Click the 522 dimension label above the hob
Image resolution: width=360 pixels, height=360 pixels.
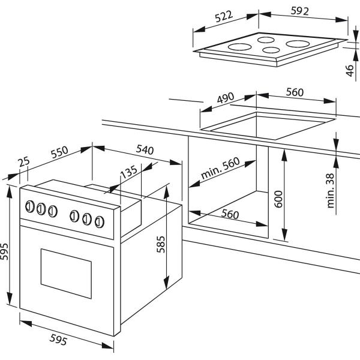pyautogui.click(x=224, y=17)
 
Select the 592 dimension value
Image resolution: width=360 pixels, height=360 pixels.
pyautogui.click(x=299, y=11)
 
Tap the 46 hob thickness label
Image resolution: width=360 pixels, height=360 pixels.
pyautogui.click(x=350, y=70)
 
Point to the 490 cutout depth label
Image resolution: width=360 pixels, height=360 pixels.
pyautogui.click(x=226, y=98)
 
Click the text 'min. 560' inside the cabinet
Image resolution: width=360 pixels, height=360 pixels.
pyautogui.click(x=220, y=168)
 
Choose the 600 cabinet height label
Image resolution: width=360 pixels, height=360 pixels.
pyautogui.click(x=278, y=199)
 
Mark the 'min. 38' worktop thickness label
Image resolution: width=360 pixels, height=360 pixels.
pyautogui.click(x=331, y=191)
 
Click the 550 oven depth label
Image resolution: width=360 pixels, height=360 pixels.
pyautogui.click(x=59, y=152)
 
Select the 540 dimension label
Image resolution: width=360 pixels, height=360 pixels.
pyautogui.click(x=145, y=149)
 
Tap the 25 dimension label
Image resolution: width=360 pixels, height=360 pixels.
pyautogui.click(x=24, y=161)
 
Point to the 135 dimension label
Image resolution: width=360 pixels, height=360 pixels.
pyautogui.click(x=129, y=172)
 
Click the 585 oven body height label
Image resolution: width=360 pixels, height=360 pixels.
pyautogui.click(x=161, y=244)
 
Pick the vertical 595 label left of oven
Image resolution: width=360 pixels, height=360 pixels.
pyautogui.click(x=4, y=251)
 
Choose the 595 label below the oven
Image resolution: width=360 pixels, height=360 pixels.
pyautogui.click(x=59, y=340)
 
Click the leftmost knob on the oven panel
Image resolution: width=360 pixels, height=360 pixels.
pyautogui.click(x=29, y=206)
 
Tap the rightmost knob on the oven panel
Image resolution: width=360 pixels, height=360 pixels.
pyautogui.click(x=100, y=222)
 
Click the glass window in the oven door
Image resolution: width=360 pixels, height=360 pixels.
pyautogui.click(x=66, y=274)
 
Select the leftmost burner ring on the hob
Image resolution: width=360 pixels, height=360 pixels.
pyautogui.click(x=239, y=47)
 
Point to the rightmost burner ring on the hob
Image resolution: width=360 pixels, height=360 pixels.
pyautogui.click(x=298, y=44)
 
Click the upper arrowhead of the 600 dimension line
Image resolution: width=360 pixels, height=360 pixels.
pyautogui.click(x=284, y=155)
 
